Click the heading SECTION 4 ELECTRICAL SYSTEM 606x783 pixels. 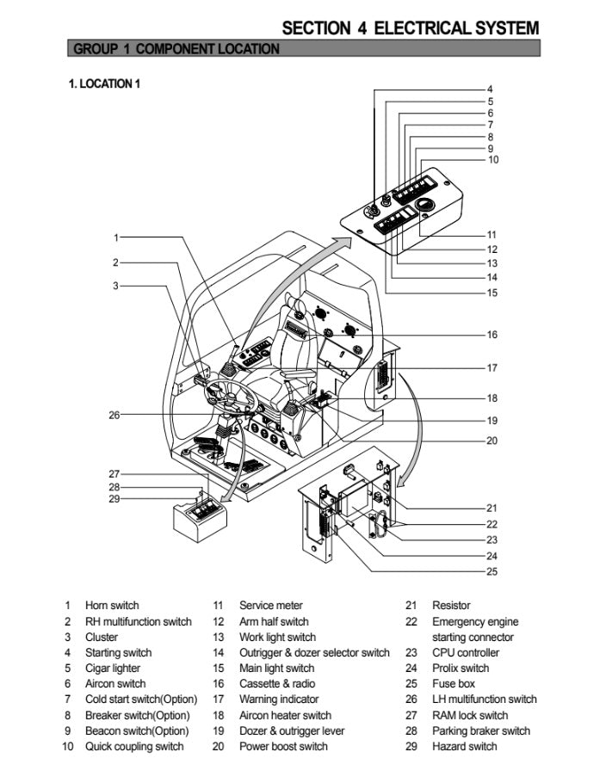pyautogui.click(x=411, y=28)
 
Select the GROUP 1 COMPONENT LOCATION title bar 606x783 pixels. pyautogui.click(x=176, y=49)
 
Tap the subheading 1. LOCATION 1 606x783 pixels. pyautogui.click(x=103, y=83)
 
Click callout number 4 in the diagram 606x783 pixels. pyautogui.click(x=490, y=89)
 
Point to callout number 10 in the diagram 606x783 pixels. pyautogui.click(x=492, y=159)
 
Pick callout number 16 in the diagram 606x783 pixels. pyautogui.click(x=492, y=335)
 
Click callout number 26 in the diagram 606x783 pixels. pyautogui.click(x=114, y=415)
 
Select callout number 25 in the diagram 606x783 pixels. pyautogui.click(x=492, y=571)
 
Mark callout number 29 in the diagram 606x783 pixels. pyautogui.click(x=114, y=499)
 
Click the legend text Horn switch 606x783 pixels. pyautogui.click(x=112, y=606)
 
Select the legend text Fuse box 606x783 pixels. pyautogui.click(x=454, y=684)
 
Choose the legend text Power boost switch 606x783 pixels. pyautogui.click(x=283, y=746)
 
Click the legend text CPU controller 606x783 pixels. pyautogui.click(x=466, y=653)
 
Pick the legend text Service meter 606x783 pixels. pyautogui.click(x=271, y=606)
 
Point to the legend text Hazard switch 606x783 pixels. pyautogui.click(x=465, y=746)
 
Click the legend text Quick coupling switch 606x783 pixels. pyautogui.click(x=134, y=746)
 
